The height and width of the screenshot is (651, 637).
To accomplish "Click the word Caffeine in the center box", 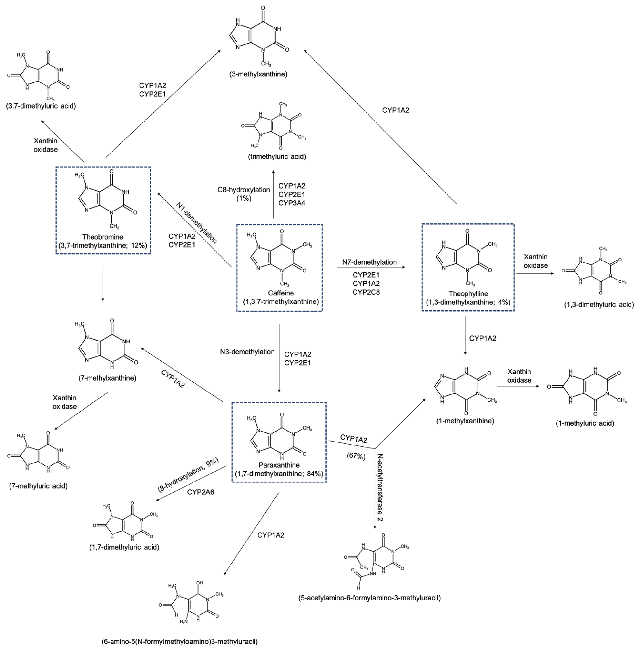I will (281, 293).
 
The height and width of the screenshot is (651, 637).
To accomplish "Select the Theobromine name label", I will (103, 237).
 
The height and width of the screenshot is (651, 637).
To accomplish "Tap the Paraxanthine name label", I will (279, 465).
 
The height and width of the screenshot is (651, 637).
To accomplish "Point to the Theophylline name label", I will (468, 293).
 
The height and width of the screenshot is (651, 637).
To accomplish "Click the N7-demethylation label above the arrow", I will (369, 262).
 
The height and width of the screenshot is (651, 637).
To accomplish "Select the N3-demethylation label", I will (247, 352).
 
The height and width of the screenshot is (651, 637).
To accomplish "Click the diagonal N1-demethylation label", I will (197, 223).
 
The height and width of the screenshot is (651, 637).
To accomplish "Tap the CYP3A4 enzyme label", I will (292, 203).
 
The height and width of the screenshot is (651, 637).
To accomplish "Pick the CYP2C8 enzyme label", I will (366, 292).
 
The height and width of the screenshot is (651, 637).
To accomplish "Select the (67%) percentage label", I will (356, 456).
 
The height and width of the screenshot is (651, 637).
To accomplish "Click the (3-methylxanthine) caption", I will (258, 74).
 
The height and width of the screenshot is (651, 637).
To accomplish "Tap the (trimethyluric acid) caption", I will (277, 156).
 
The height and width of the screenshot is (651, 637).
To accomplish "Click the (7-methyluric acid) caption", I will (38, 486).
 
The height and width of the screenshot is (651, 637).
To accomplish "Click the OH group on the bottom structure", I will (199, 583).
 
